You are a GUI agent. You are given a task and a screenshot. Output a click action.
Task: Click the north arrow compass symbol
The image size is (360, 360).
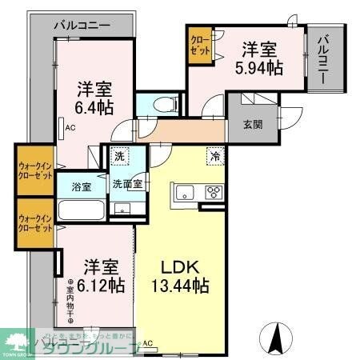click(x=278, y=338)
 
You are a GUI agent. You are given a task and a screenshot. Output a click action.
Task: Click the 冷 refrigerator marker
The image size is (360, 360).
click(x=214, y=158)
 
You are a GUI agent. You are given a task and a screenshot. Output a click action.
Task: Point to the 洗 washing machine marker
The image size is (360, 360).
click(x=118, y=157)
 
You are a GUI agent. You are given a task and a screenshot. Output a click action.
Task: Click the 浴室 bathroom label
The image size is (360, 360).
click(x=81, y=187)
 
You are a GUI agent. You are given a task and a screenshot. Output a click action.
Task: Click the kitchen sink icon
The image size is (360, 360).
click(x=182, y=192)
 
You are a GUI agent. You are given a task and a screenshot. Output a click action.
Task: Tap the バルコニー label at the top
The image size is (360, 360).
click(x=83, y=26)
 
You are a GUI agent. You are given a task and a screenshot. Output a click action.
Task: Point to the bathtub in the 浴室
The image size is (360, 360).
click(x=80, y=213)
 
